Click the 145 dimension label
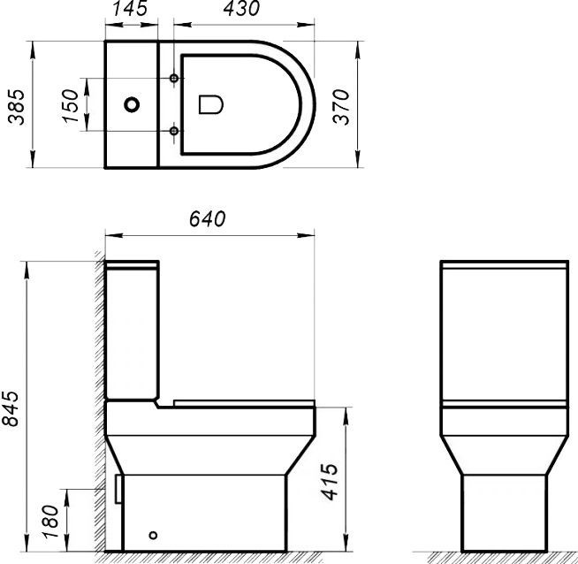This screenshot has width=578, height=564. (x=131, y=10)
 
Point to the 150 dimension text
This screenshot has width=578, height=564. (x=71, y=105)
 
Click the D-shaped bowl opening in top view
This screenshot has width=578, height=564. (x=209, y=104)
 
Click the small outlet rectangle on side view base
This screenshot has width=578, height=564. (x=118, y=488)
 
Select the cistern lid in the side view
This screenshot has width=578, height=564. (x=132, y=264)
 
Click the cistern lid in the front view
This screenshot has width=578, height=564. (x=502, y=265)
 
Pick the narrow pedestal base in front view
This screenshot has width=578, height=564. (x=502, y=513)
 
